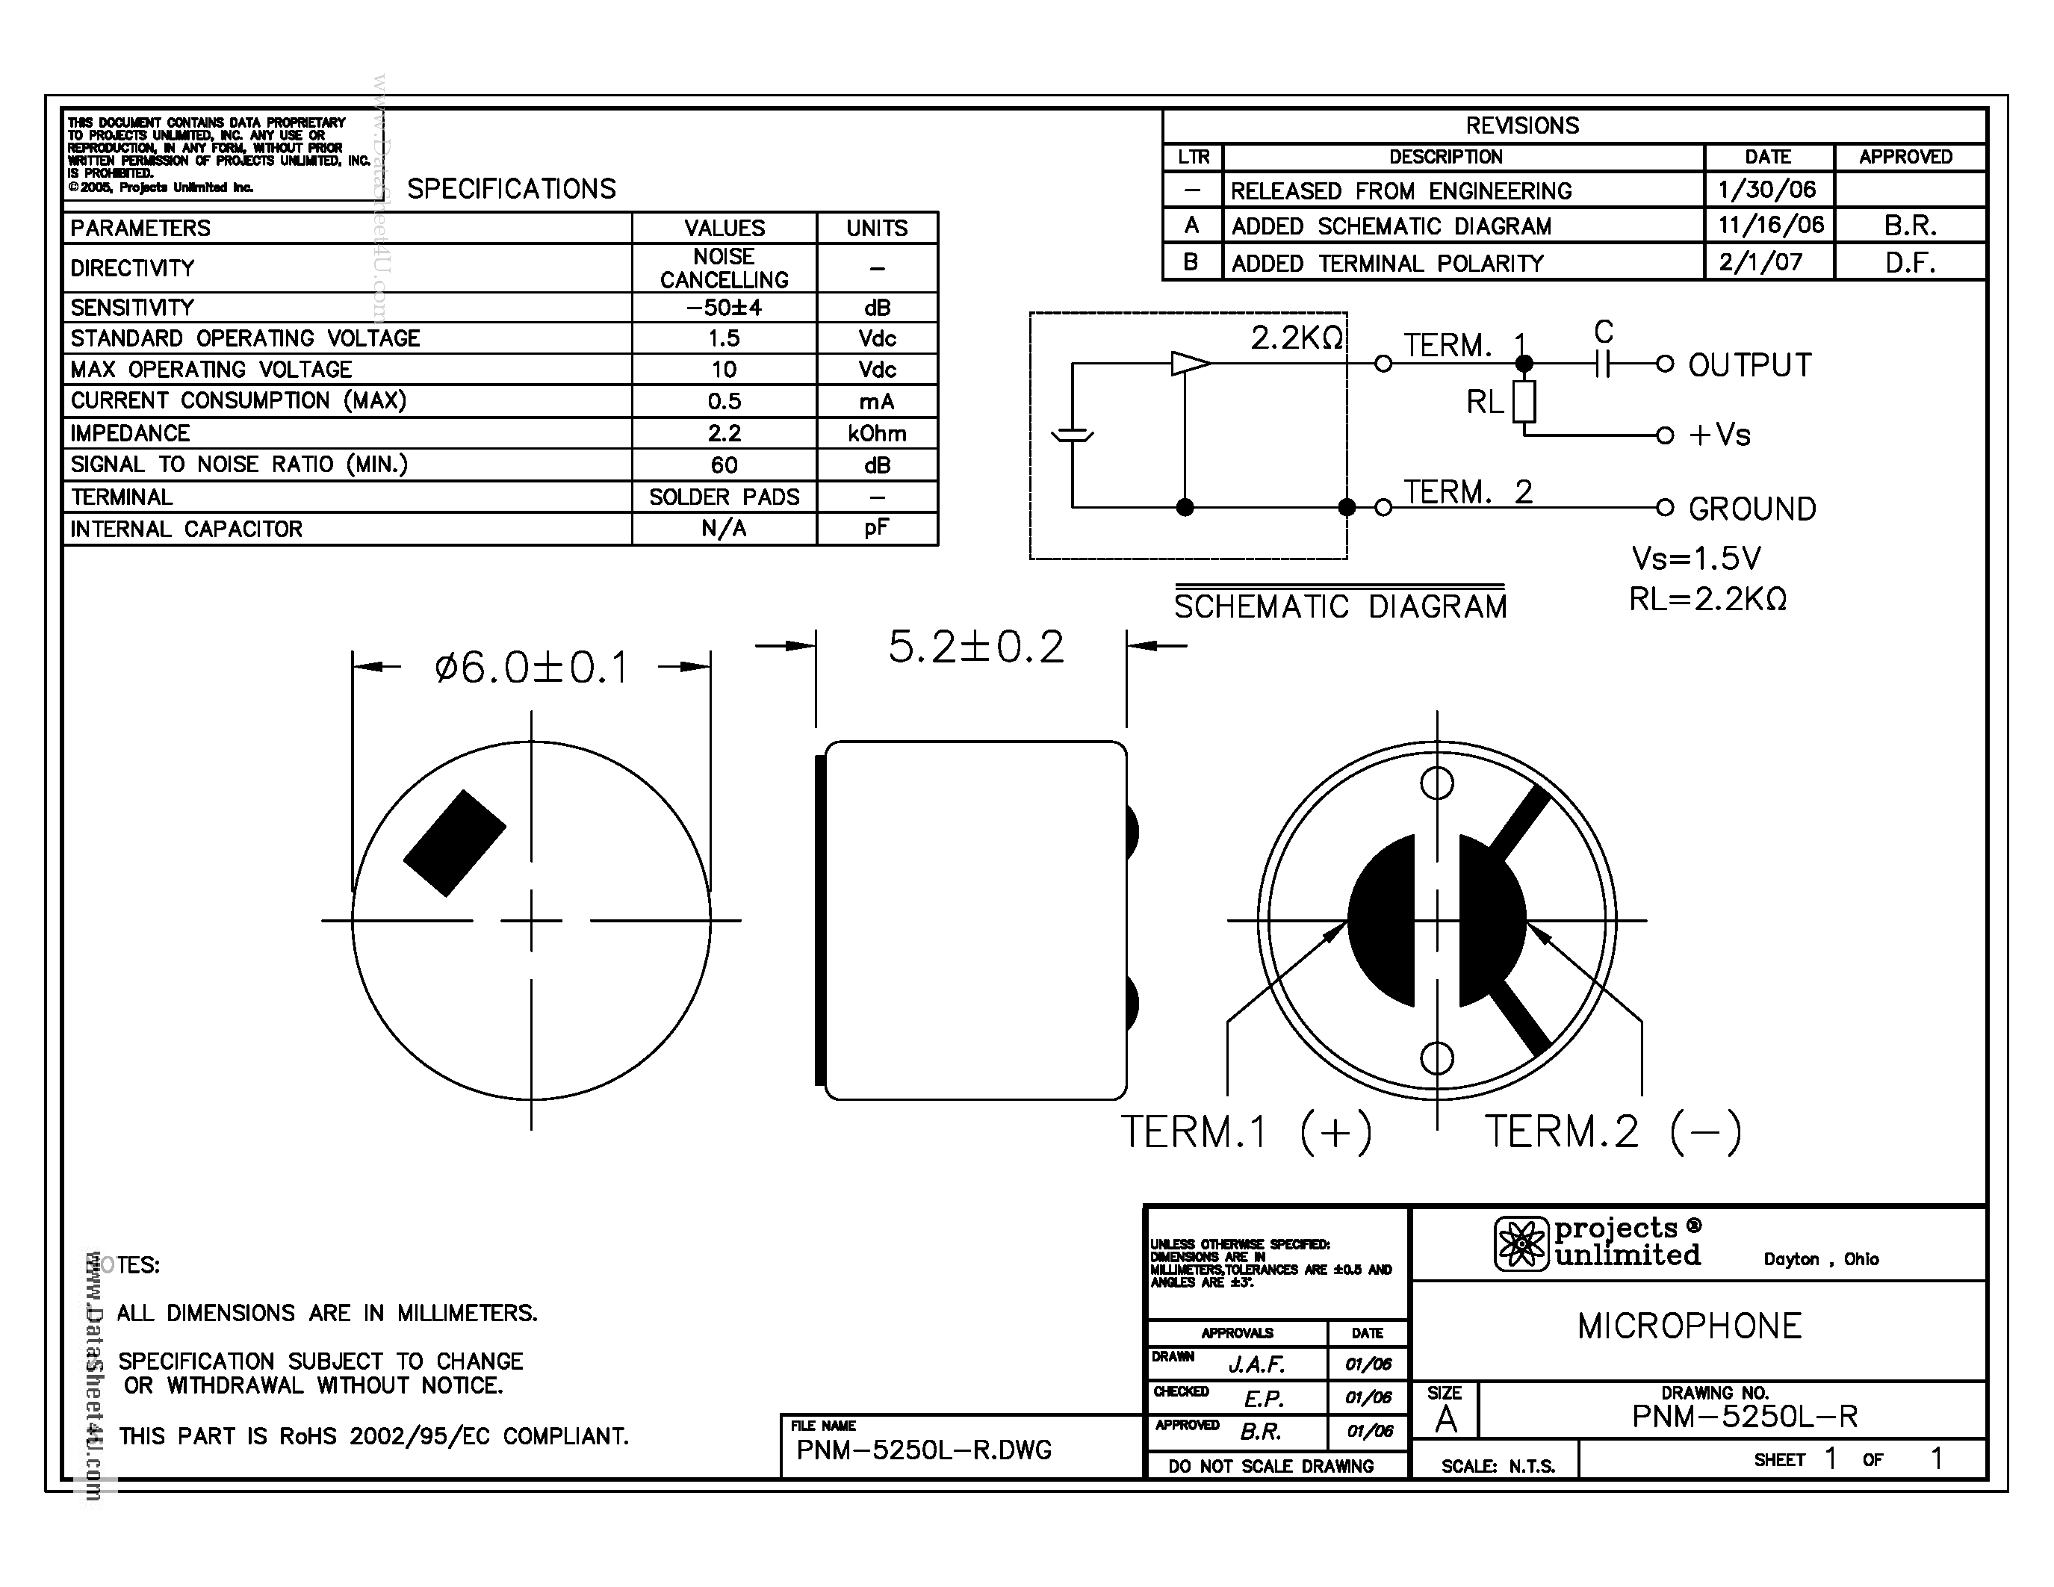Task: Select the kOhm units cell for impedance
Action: [877, 433]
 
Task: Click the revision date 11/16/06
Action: [1770, 225]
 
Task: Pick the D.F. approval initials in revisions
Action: [1909, 262]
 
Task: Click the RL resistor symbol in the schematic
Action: [1524, 402]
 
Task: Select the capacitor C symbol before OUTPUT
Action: [1604, 363]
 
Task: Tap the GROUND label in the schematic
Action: [1752, 509]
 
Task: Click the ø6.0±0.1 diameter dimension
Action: [530, 668]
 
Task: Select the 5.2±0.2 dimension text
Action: [975, 647]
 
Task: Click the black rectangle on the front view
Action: [455, 842]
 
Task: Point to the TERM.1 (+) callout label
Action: [1245, 1131]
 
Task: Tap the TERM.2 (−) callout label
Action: [1612, 1131]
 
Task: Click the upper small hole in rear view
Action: [1436, 782]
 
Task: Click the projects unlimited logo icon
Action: [1521, 1243]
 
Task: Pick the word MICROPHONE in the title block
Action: [1689, 1326]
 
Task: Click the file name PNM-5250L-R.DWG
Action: [923, 1450]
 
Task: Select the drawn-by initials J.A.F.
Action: [1256, 1363]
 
